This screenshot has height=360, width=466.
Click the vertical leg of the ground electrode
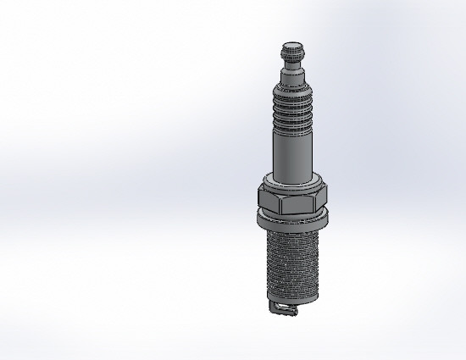click(x=272, y=306)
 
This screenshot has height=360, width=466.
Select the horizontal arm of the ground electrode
click(x=284, y=313)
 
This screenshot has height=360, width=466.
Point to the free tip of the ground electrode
click(x=295, y=311)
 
